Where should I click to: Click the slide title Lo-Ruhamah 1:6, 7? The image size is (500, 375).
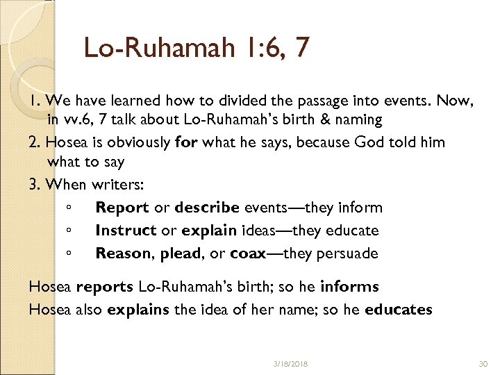(x=197, y=48)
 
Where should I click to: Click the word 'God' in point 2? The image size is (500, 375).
(x=370, y=142)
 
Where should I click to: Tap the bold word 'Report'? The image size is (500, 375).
(x=122, y=208)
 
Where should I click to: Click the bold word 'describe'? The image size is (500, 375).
(x=208, y=208)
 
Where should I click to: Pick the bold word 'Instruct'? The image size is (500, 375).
(x=126, y=230)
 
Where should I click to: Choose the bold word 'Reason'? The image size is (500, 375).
(x=124, y=253)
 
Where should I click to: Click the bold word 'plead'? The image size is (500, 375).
(x=181, y=253)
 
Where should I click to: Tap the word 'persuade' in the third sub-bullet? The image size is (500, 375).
(x=347, y=253)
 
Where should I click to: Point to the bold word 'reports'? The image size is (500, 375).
(x=105, y=287)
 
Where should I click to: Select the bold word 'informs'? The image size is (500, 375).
(x=349, y=287)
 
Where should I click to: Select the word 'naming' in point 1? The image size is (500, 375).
(x=360, y=120)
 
